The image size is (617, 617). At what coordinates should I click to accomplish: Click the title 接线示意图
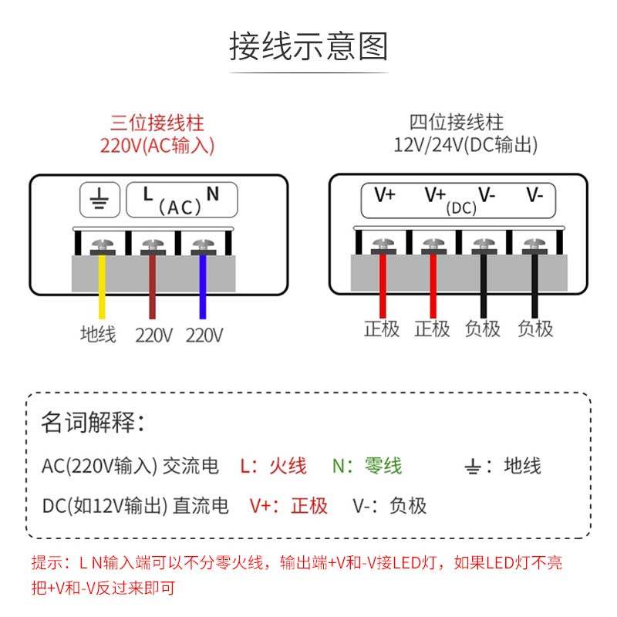308,46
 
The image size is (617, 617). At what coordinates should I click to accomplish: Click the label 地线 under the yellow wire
98,335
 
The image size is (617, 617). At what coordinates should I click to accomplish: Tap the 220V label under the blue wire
204,335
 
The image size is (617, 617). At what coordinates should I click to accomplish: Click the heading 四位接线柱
457,123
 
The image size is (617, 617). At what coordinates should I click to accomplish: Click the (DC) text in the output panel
461,207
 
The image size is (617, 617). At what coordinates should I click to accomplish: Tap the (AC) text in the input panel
180,207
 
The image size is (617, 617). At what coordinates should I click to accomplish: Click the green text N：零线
367,466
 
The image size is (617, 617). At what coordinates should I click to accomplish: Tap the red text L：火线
273,466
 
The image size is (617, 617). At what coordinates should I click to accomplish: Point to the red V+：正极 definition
288,506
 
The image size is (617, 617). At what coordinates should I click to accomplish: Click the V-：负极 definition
389,506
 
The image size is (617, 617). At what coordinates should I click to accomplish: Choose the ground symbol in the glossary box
474,467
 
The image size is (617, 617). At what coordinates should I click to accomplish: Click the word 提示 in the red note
46,563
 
